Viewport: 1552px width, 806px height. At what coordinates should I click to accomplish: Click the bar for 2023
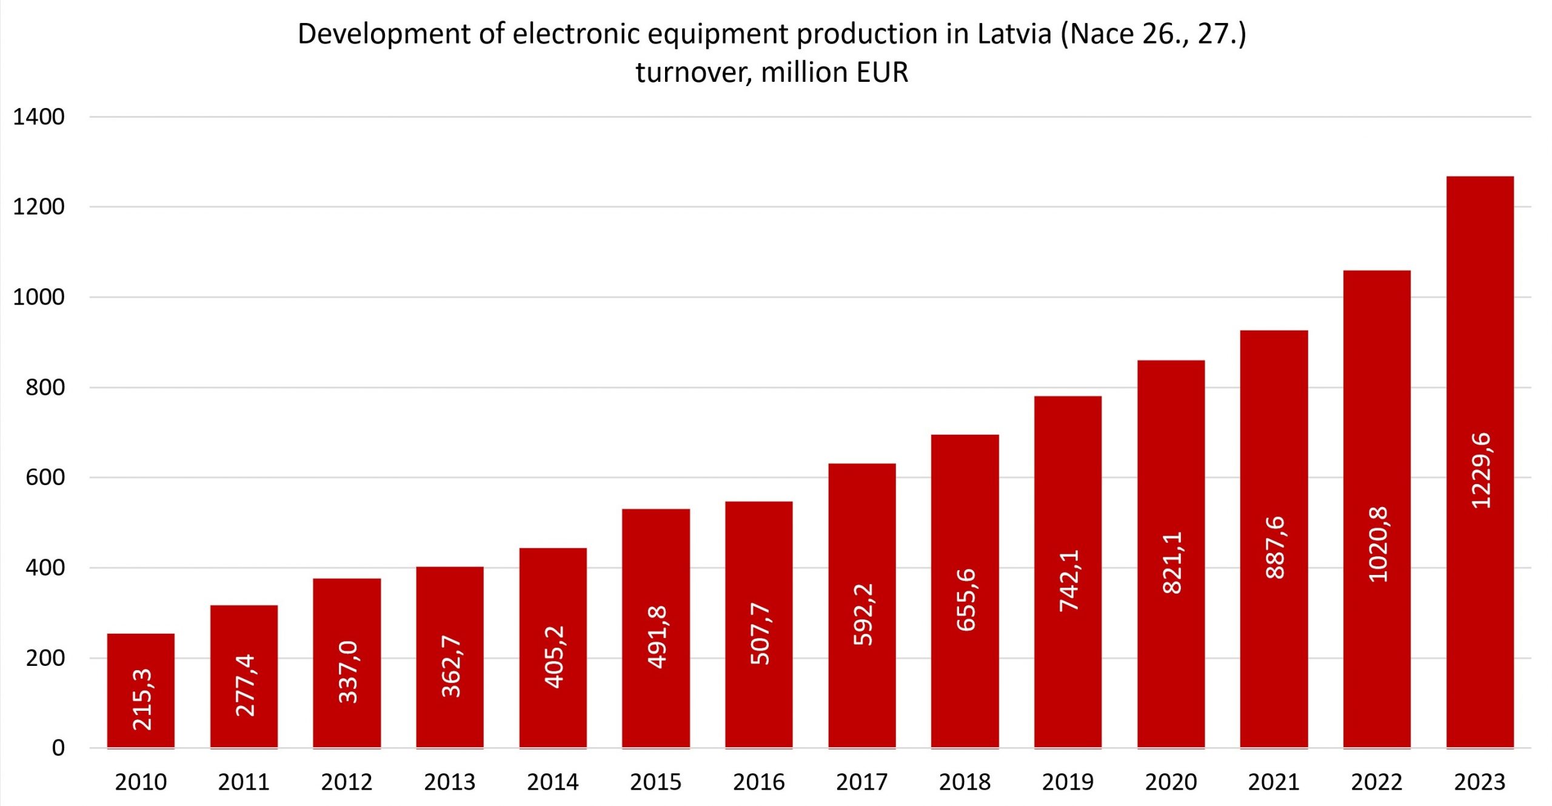(x=1480, y=462)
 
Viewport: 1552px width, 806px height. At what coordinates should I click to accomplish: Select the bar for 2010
(x=141, y=691)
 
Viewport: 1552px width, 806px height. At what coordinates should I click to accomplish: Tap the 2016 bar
(x=759, y=625)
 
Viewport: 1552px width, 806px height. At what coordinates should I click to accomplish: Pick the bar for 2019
(x=1068, y=572)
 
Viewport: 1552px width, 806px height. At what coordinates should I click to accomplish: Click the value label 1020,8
(x=1378, y=545)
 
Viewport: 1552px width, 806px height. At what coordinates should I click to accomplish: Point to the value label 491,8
(x=657, y=637)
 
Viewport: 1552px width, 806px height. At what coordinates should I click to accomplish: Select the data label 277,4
(x=244, y=685)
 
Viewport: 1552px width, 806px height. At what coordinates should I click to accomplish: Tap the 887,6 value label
(x=1275, y=548)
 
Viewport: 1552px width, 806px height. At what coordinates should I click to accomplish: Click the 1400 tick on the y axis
(x=39, y=117)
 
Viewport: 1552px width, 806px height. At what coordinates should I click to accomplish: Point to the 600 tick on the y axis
(x=45, y=477)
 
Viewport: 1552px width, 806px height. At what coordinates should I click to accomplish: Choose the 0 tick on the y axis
(x=58, y=748)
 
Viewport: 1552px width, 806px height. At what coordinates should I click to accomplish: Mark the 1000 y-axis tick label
(x=39, y=297)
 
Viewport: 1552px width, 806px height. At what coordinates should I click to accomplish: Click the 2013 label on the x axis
(x=450, y=782)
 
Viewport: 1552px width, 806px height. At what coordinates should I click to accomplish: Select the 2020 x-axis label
(x=1171, y=782)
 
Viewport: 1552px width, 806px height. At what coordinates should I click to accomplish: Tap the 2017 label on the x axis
(x=862, y=782)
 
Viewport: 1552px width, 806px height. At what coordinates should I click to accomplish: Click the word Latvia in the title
(x=1014, y=33)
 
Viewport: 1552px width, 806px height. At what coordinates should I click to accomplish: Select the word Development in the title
(x=384, y=35)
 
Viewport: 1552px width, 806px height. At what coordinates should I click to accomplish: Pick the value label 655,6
(x=966, y=600)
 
